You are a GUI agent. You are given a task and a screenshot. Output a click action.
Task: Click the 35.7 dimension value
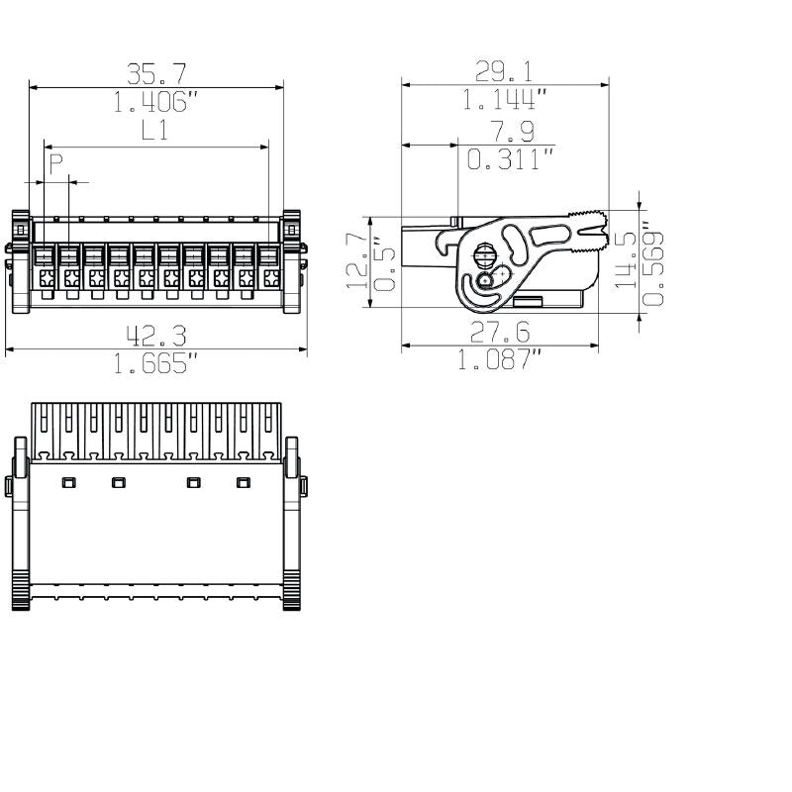(x=156, y=73)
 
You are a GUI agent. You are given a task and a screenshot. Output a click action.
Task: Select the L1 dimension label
(x=154, y=131)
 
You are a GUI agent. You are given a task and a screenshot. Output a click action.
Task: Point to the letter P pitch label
(x=56, y=163)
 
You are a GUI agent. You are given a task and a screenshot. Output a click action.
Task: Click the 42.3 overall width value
(x=156, y=336)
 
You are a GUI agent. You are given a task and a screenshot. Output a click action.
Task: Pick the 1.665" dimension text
(x=155, y=362)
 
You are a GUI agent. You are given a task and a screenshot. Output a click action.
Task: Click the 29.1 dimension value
(x=504, y=71)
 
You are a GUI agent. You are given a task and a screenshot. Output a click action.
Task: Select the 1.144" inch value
(x=505, y=99)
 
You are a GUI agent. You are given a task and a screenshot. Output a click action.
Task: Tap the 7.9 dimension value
(x=513, y=131)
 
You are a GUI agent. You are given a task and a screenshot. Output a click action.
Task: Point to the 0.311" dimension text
(x=511, y=158)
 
